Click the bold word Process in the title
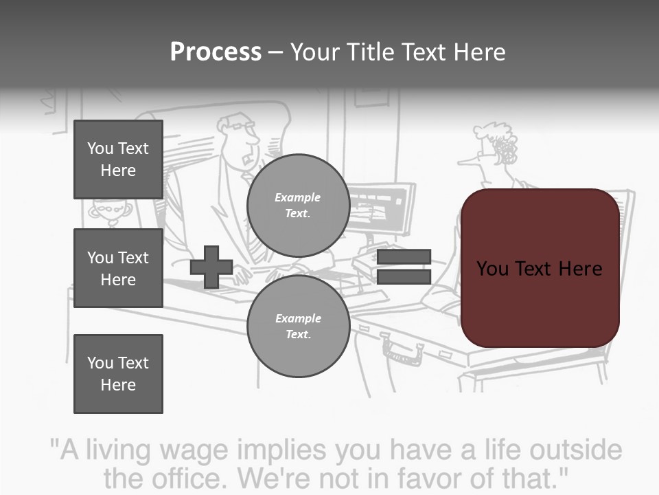pyautogui.click(x=216, y=52)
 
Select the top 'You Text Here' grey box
pyautogui.click(x=118, y=159)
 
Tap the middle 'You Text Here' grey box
pyautogui.click(x=118, y=268)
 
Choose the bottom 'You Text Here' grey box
pyautogui.click(x=118, y=373)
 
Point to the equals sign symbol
pyautogui.click(x=404, y=267)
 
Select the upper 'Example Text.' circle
pyautogui.click(x=298, y=206)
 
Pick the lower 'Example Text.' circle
pyautogui.click(x=298, y=327)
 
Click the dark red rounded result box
pyautogui.click(x=540, y=268)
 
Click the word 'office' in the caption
pyautogui.click(x=196, y=478)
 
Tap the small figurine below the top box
pyautogui.click(x=106, y=212)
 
